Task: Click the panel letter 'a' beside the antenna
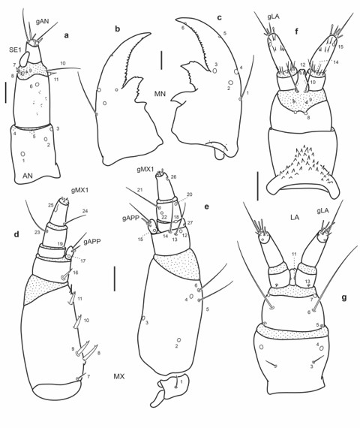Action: (x=67, y=34)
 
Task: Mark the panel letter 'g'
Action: (x=343, y=297)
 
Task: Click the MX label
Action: (x=118, y=375)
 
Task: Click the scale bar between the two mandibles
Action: (x=160, y=59)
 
